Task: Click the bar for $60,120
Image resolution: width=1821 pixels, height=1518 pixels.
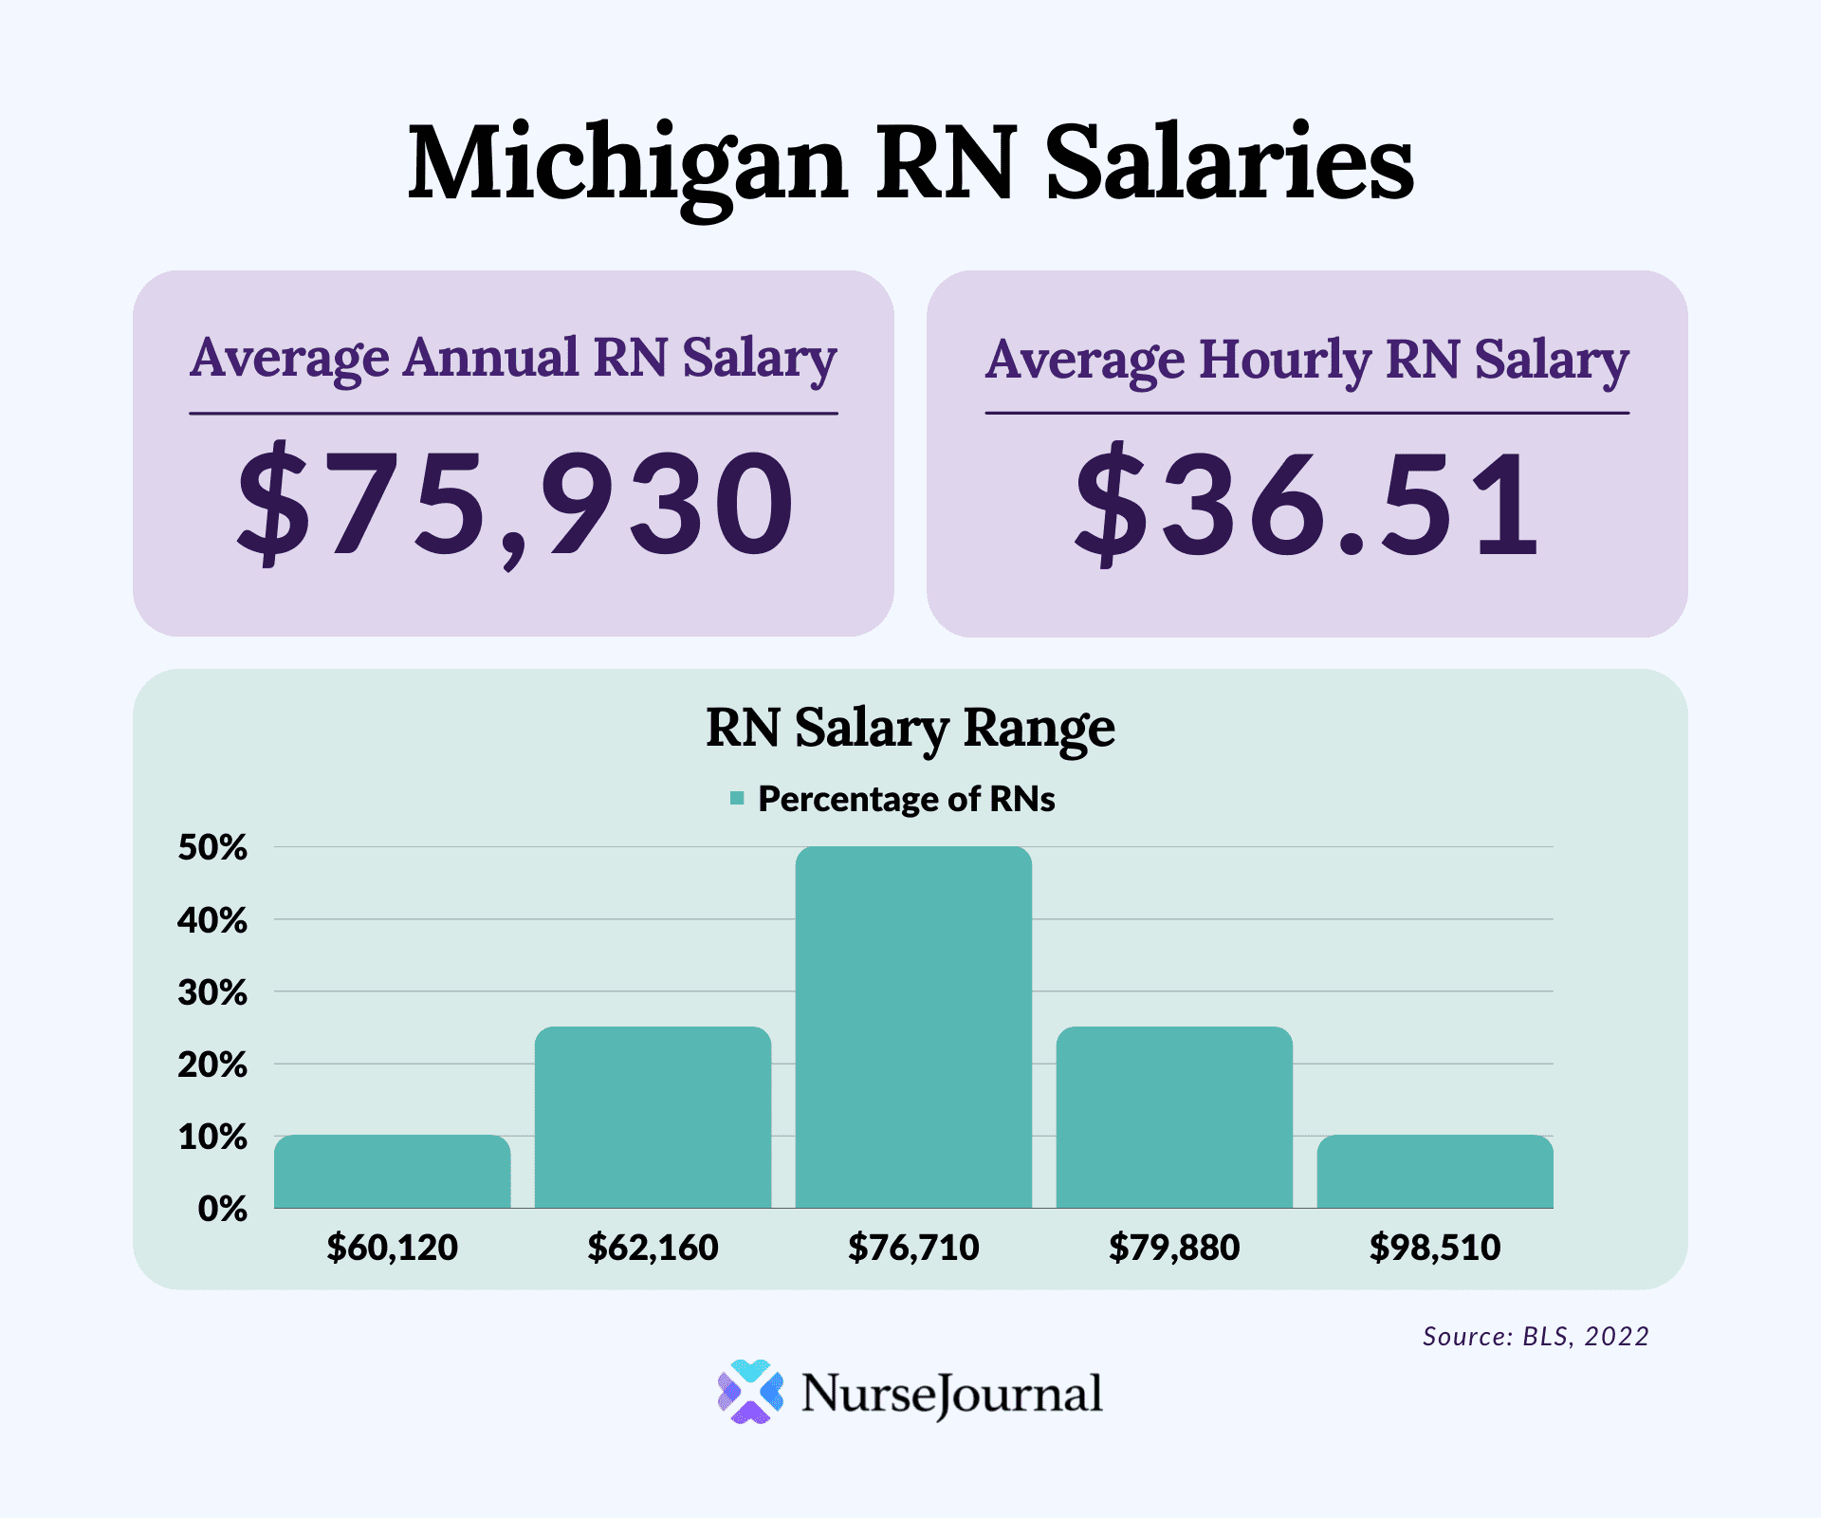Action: [392, 1172]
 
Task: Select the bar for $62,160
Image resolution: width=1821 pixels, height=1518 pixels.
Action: [653, 1117]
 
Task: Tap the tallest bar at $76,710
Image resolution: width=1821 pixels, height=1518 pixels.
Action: [913, 1027]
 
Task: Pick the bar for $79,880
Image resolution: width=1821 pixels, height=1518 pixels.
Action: [1174, 1117]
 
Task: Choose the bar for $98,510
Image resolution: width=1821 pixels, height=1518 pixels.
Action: [1435, 1172]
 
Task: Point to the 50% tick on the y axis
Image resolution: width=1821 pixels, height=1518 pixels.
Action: [212, 847]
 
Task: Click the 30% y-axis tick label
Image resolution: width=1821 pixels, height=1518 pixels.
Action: [212, 992]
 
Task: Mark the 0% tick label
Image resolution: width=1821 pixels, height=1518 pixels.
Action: [222, 1209]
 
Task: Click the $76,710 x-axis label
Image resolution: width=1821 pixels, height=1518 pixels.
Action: [913, 1247]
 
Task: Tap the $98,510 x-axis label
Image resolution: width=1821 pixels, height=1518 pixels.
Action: [1435, 1247]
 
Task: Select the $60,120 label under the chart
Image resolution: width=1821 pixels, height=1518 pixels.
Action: [392, 1247]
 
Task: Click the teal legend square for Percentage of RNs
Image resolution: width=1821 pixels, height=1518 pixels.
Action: [737, 799]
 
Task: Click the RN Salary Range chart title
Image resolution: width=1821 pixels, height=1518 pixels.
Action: [910, 729]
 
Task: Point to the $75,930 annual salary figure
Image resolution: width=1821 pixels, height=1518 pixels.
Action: [514, 503]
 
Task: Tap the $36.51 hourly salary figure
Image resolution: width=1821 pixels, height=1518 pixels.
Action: [1306, 503]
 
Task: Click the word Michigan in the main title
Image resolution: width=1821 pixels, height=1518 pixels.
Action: [626, 163]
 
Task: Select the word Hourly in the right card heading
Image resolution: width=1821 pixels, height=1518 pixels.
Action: [1284, 361]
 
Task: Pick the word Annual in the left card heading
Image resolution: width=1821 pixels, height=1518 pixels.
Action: [490, 359]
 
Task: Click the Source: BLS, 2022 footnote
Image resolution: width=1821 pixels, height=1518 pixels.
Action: [1536, 1336]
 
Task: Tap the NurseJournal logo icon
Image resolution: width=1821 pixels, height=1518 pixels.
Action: [750, 1392]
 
